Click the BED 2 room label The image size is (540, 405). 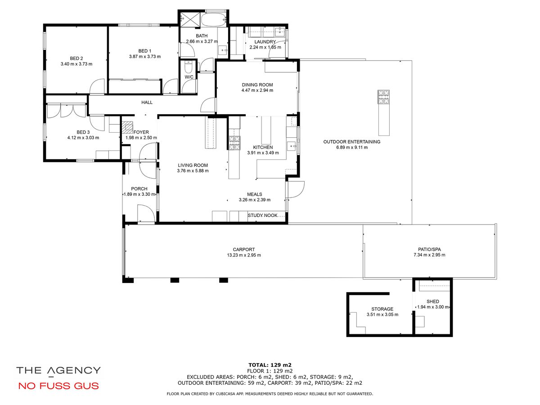[76, 58]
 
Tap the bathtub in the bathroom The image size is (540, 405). [213, 19]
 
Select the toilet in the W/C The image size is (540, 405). [188, 67]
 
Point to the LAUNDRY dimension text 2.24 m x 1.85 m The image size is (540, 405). [265, 47]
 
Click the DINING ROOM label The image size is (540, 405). [257, 85]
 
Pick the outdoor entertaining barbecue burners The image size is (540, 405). [383, 97]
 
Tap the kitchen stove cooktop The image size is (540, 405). [234, 143]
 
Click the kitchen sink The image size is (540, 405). [292, 146]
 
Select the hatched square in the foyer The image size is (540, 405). [127, 127]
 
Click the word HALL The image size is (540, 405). [147, 102]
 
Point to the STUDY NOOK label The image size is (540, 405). [262, 216]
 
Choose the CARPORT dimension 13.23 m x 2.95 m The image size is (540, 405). [244, 255]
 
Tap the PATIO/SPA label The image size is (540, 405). [429, 249]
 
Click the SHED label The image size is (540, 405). [433, 301]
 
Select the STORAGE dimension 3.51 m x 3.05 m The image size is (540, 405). [382, 315]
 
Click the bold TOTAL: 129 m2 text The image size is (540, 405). [270, 365]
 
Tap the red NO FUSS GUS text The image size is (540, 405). [58, 386]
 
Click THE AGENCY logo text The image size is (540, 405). [58, 370]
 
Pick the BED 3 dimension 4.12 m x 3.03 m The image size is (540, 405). [83, 138]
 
